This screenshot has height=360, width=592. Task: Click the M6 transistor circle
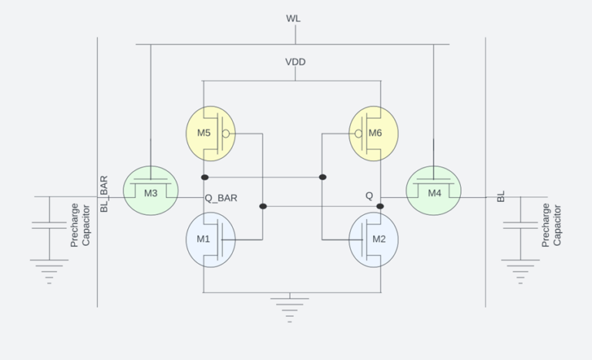[x=374, y=133]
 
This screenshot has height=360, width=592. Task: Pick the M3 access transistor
[x=151, y=191]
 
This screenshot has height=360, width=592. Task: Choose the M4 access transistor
[x=433, y=191]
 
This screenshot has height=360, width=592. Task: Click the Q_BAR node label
[x=220, y=197]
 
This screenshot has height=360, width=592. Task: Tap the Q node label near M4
[x=369, y=197]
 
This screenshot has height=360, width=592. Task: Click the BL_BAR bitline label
[x=104, y=194]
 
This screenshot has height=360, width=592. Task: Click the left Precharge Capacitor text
[x=80, y=225]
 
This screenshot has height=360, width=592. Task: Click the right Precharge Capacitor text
[x=551, y=225]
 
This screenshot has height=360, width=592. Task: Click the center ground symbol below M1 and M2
[x=290, y=305]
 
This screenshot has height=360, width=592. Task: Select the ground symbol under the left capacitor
[x=49, y=269]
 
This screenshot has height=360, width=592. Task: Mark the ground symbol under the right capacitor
[x=520, y=269]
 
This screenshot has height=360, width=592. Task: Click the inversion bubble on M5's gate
[x=226, y=133]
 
